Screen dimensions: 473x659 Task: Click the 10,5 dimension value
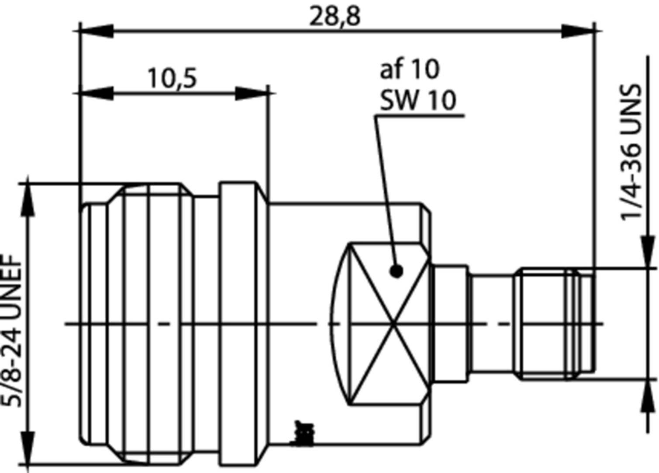click(x=173, y=79)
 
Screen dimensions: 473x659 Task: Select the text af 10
click(x=409, y=69)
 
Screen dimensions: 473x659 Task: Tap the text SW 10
click(x=417, y=100)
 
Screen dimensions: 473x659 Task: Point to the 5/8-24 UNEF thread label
click(x=12, y=330)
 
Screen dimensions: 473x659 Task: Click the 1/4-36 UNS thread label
click(x=631, y=152)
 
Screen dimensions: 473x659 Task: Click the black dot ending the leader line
click(x=397, y=271)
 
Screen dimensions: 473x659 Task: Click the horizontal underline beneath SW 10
click(x=419, y=116)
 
